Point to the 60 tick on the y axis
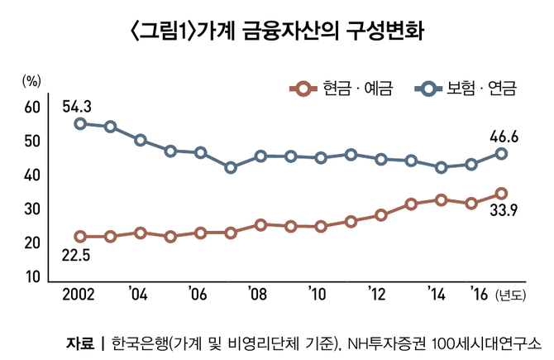click(31, 108)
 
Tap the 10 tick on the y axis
click(31, 276)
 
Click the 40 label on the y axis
click(31, 175)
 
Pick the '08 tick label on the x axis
click(257, 295)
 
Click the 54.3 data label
click(76, 106)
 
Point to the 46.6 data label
click(503, 137)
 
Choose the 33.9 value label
click(503, 210)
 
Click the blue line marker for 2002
click(80, 123)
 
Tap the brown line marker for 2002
click(80, 237)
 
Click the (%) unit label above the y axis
click(31, 81)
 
